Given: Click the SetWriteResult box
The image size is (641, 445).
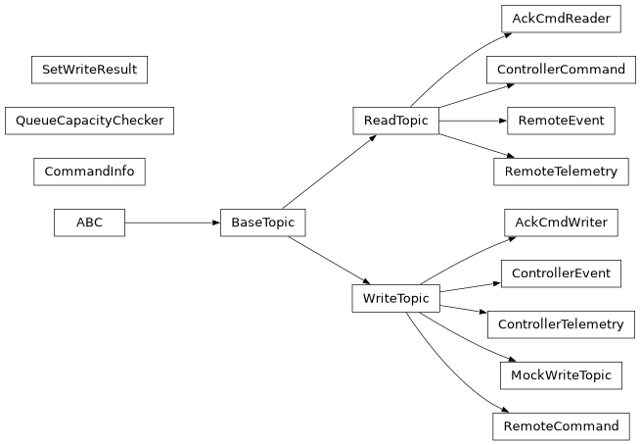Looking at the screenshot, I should point(90,70).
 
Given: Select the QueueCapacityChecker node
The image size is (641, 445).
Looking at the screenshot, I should point(89,121).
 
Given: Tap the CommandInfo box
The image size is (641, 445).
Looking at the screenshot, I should point(90,172).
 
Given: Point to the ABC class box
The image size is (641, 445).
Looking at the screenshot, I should point(89,222).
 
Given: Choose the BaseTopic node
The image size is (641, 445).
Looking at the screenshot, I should point(263,222).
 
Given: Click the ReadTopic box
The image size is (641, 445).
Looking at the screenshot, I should point(395,121).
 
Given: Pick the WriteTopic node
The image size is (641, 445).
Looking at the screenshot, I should point(395,297).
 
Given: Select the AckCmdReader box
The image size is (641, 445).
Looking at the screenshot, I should point(561,19).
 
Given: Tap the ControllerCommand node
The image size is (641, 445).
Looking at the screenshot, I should point(561,70).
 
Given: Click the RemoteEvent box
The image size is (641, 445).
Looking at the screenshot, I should point(561,121).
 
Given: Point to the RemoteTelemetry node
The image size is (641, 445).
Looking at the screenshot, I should point(561,172).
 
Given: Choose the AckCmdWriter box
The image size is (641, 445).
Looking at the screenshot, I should point(561,222).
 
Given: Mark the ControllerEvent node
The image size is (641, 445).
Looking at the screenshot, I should point(561,273).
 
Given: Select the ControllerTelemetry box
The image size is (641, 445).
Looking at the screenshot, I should point(561,324).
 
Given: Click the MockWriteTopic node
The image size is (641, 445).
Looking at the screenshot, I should point(561,375).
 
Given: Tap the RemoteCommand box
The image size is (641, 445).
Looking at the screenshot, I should point(561,426).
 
